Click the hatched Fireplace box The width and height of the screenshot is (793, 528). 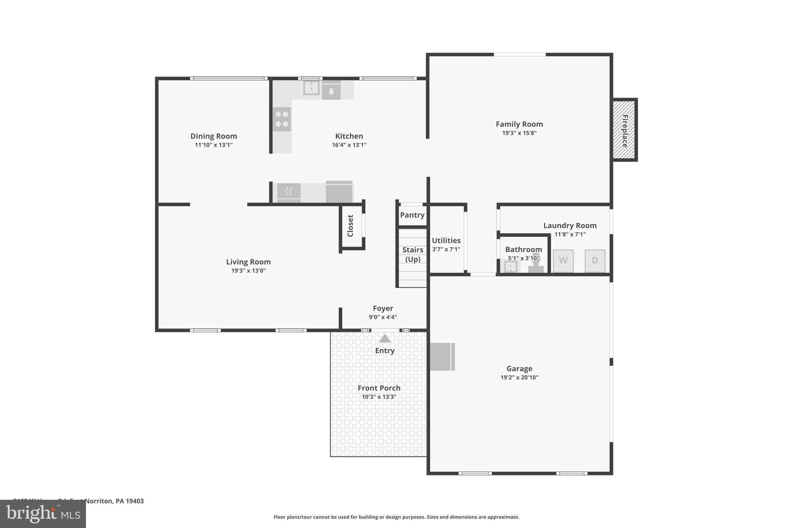point(624,130)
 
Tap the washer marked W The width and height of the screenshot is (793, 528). point(563,261)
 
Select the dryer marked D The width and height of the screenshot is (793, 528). point(595,261)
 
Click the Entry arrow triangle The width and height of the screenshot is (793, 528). point(384,339)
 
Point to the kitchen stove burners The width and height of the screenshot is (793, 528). point(282,119)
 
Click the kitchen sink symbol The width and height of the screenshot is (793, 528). point(311,87)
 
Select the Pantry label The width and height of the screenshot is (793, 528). point(412,215)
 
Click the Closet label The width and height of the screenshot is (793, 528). point(350,226)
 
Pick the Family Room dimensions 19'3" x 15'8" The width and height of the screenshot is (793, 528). point(519,133)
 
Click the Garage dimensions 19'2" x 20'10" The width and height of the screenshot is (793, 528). point(519,378)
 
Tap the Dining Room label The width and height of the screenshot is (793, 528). point(213,136)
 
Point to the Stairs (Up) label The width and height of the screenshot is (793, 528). point(413,255)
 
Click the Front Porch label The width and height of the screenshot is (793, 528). point(379,388)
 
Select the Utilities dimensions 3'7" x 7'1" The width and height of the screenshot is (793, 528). point(446,249)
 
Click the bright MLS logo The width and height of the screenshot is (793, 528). point(43,514)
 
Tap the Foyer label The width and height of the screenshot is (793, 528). point(383,308)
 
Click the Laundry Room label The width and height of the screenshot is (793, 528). point(570,226)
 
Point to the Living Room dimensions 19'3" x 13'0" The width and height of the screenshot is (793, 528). point(248,271)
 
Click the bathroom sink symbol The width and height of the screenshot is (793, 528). point(511,267)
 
